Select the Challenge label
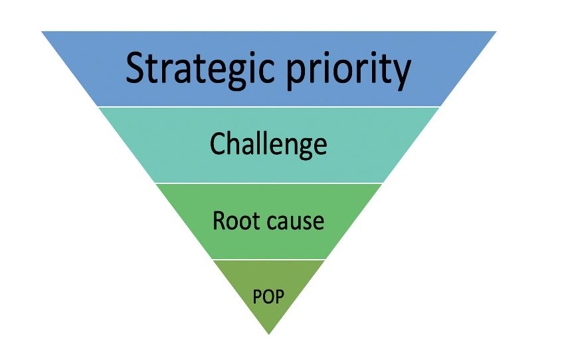(268, 143)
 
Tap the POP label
(268, 296)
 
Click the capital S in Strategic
(138, 68)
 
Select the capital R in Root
(219, 220)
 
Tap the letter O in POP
(268, 296)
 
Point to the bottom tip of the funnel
(268, 333)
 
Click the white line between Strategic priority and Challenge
(268, 106)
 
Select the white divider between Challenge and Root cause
(268, 183)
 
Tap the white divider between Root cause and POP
(268, 259)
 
